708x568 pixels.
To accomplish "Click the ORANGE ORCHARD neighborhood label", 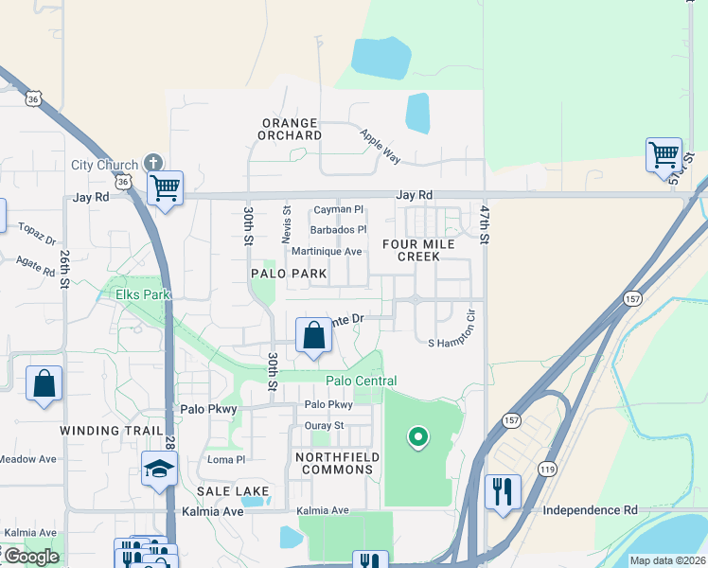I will click(x=291, y=129).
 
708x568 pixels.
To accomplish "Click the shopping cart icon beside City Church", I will click(x=165, y=188).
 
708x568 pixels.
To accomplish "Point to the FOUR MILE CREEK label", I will click(x=418, y=250).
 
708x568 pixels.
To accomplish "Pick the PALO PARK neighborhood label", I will click(x=289, y=274).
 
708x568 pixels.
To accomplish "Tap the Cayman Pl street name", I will click(x=338, y=209).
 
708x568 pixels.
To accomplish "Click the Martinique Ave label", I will click(x=327, y=251).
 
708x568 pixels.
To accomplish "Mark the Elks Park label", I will click(x=142, y=294).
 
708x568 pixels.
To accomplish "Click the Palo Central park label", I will click(x=361, y=381).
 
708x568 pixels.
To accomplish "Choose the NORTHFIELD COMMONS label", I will click(x=337, y=463).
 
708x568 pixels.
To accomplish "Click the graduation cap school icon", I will click(x=159, y=468).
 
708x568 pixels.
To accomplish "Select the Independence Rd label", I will click(x=590, y=509).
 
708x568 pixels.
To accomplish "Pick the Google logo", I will click(x=30, y=556).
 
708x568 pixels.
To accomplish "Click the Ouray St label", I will click(x=325, y=426).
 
